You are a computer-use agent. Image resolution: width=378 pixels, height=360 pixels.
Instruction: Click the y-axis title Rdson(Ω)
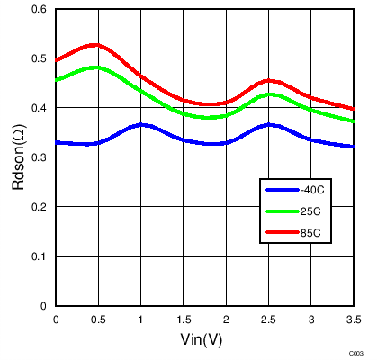click(x=19, y=157)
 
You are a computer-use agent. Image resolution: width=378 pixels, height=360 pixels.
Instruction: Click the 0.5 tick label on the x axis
click(x=98, y=319)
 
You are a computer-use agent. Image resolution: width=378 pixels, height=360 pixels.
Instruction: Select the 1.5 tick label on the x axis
click(x=184, y=319)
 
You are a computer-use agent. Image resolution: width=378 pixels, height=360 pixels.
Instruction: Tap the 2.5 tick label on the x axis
click(x=268, y=319)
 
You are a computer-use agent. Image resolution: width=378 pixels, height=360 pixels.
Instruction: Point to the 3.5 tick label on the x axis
click(x=353, y=319)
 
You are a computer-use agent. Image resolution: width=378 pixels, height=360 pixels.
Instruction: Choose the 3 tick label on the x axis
click(x=310, y=319)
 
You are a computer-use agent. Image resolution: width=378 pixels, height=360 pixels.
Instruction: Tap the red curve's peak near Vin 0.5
click(x=94, y=44)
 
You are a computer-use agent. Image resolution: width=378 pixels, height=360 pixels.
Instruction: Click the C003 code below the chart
click(x=356, y=354)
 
